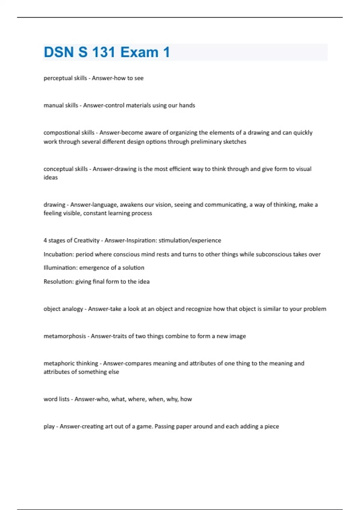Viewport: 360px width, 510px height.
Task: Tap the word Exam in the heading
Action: tap(139, 52)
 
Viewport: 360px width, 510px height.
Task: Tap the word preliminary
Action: tap(200, 142)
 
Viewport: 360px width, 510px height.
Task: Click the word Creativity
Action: tap(86, 240)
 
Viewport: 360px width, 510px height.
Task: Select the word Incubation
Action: tap(58, 254)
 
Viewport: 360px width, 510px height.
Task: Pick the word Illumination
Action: tap(60, 268)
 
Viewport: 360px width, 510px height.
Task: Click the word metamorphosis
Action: tap(64, 336)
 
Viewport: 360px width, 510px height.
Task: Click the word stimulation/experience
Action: tap(190, 240)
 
